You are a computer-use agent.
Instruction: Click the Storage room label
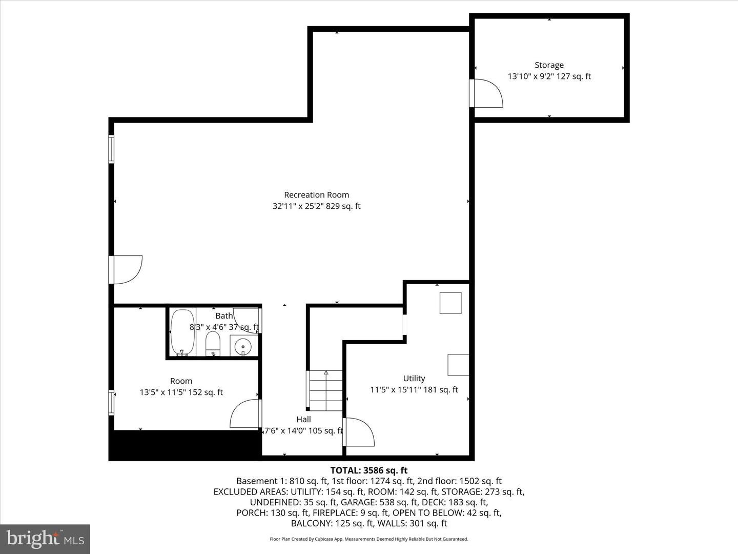pos(549,65)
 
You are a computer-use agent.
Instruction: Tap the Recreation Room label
pos(316,195)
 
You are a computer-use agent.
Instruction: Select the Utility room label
pos(414,379)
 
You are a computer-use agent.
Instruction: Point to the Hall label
pos(303,420)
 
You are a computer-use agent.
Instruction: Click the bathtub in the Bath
pos(182,332)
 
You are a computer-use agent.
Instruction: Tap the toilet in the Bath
pos(213,343)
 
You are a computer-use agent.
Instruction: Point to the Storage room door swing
pos(487,93)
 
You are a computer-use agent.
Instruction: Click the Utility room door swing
pos(359,432)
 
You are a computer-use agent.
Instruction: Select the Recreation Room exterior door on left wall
pos(126,269)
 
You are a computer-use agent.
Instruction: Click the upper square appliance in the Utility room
pos(450,303)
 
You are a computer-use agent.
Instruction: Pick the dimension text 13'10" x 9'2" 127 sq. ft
pos(549,76)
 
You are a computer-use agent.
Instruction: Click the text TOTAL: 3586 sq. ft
pos(368,470)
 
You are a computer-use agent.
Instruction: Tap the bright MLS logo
pos(45,539)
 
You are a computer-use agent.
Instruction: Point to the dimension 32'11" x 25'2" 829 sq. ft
pos(316,206)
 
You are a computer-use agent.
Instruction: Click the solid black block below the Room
pos(184,445)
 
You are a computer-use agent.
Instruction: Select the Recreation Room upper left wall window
pos(111,149)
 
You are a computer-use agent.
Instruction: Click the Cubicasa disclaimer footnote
pos(368,539)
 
